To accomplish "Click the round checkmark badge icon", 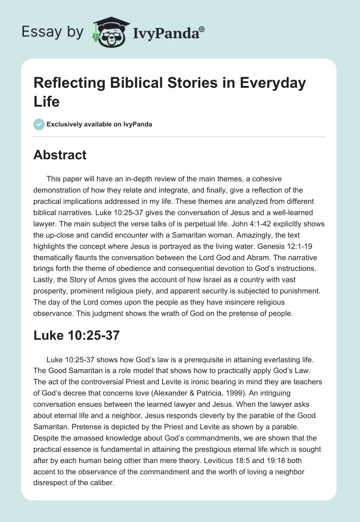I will pos(39,124).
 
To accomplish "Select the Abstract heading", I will pos(60,155).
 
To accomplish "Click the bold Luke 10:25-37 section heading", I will pos(76,335).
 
